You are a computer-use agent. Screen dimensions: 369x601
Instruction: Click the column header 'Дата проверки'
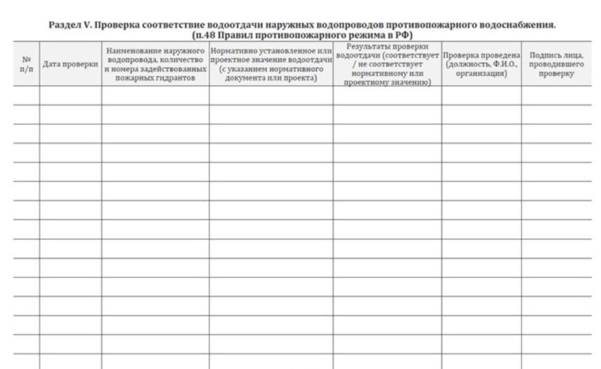(70, 67)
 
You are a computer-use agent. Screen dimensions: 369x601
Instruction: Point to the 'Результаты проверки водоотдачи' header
(386, 65)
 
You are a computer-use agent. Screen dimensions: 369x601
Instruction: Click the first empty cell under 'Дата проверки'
(70, 95)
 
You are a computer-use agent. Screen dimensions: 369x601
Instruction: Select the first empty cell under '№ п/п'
(26, 95)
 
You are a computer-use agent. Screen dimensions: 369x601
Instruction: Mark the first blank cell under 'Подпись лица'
(556, 95)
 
